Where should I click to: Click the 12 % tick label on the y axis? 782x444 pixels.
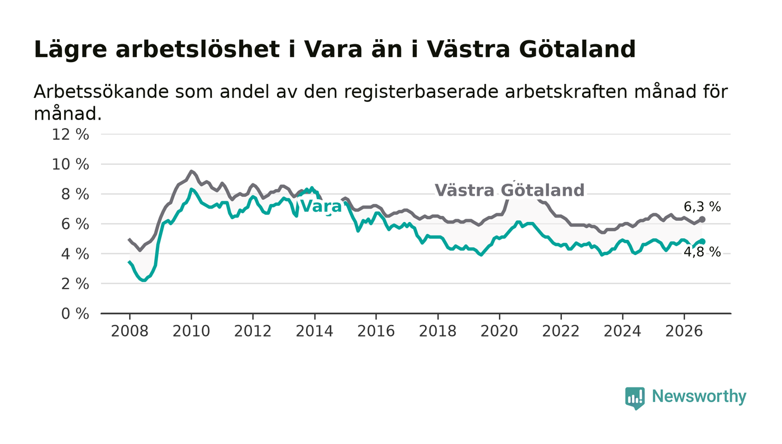click(70, 134)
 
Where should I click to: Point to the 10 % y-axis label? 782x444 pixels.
click(70, 164)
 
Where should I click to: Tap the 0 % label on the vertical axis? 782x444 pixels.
click(75, 314)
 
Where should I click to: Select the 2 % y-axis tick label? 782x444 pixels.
click(75, 284)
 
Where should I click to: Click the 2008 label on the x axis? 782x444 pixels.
click(130, 331)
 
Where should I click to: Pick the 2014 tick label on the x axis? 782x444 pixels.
click(314, 331)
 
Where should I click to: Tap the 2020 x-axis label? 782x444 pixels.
click(499, 331)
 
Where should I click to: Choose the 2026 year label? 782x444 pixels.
click(684, 331)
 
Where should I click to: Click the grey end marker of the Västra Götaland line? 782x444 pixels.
click(702, 219)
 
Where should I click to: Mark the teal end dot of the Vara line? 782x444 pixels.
click(702, 242)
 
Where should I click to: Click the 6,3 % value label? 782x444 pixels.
click(702, 207)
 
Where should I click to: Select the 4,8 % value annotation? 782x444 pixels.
click(702, 252)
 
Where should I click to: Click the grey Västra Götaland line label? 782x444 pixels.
click(509, 191)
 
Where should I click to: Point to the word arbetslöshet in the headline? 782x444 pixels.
click(198, 49)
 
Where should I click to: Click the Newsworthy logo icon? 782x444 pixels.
click(635, 398)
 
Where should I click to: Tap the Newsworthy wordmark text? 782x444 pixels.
click(699, 396)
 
